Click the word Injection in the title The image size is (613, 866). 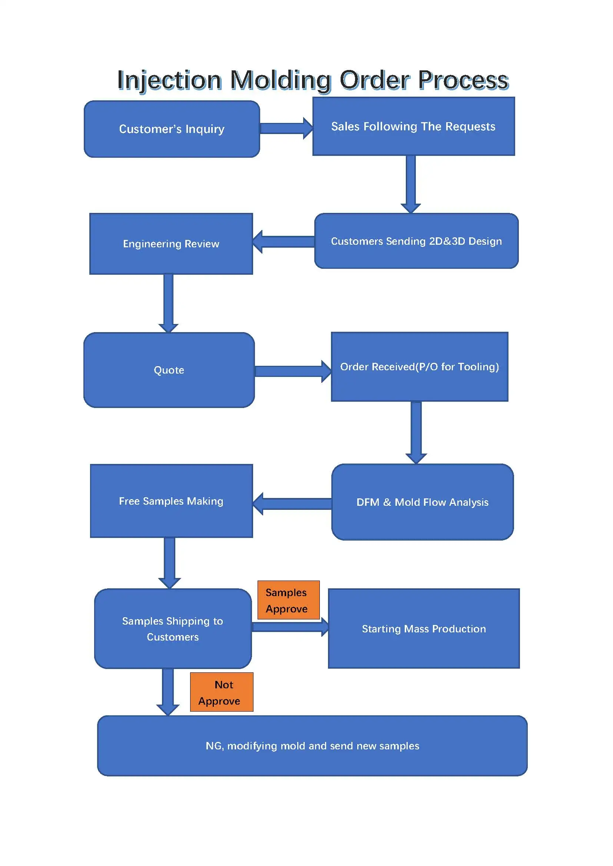point(169,80)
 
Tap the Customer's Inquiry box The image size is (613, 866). point(172,129)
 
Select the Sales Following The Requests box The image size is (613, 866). point(413,126)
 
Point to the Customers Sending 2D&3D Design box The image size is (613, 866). point(416,241)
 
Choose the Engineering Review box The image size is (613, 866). point(171,244)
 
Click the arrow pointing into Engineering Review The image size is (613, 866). point(284,241)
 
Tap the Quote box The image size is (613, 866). point(169,370)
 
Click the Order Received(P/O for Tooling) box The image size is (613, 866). point(420,367)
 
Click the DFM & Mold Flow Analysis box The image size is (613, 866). point(423,502)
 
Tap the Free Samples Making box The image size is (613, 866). point(171,501)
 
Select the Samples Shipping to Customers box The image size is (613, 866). point(172,629)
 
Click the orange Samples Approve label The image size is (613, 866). point(288,600)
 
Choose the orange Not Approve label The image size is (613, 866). point(222,692)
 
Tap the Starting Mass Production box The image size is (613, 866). point(424,629)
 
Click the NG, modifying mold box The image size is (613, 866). point(312,746)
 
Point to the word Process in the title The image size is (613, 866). point(463,80)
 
